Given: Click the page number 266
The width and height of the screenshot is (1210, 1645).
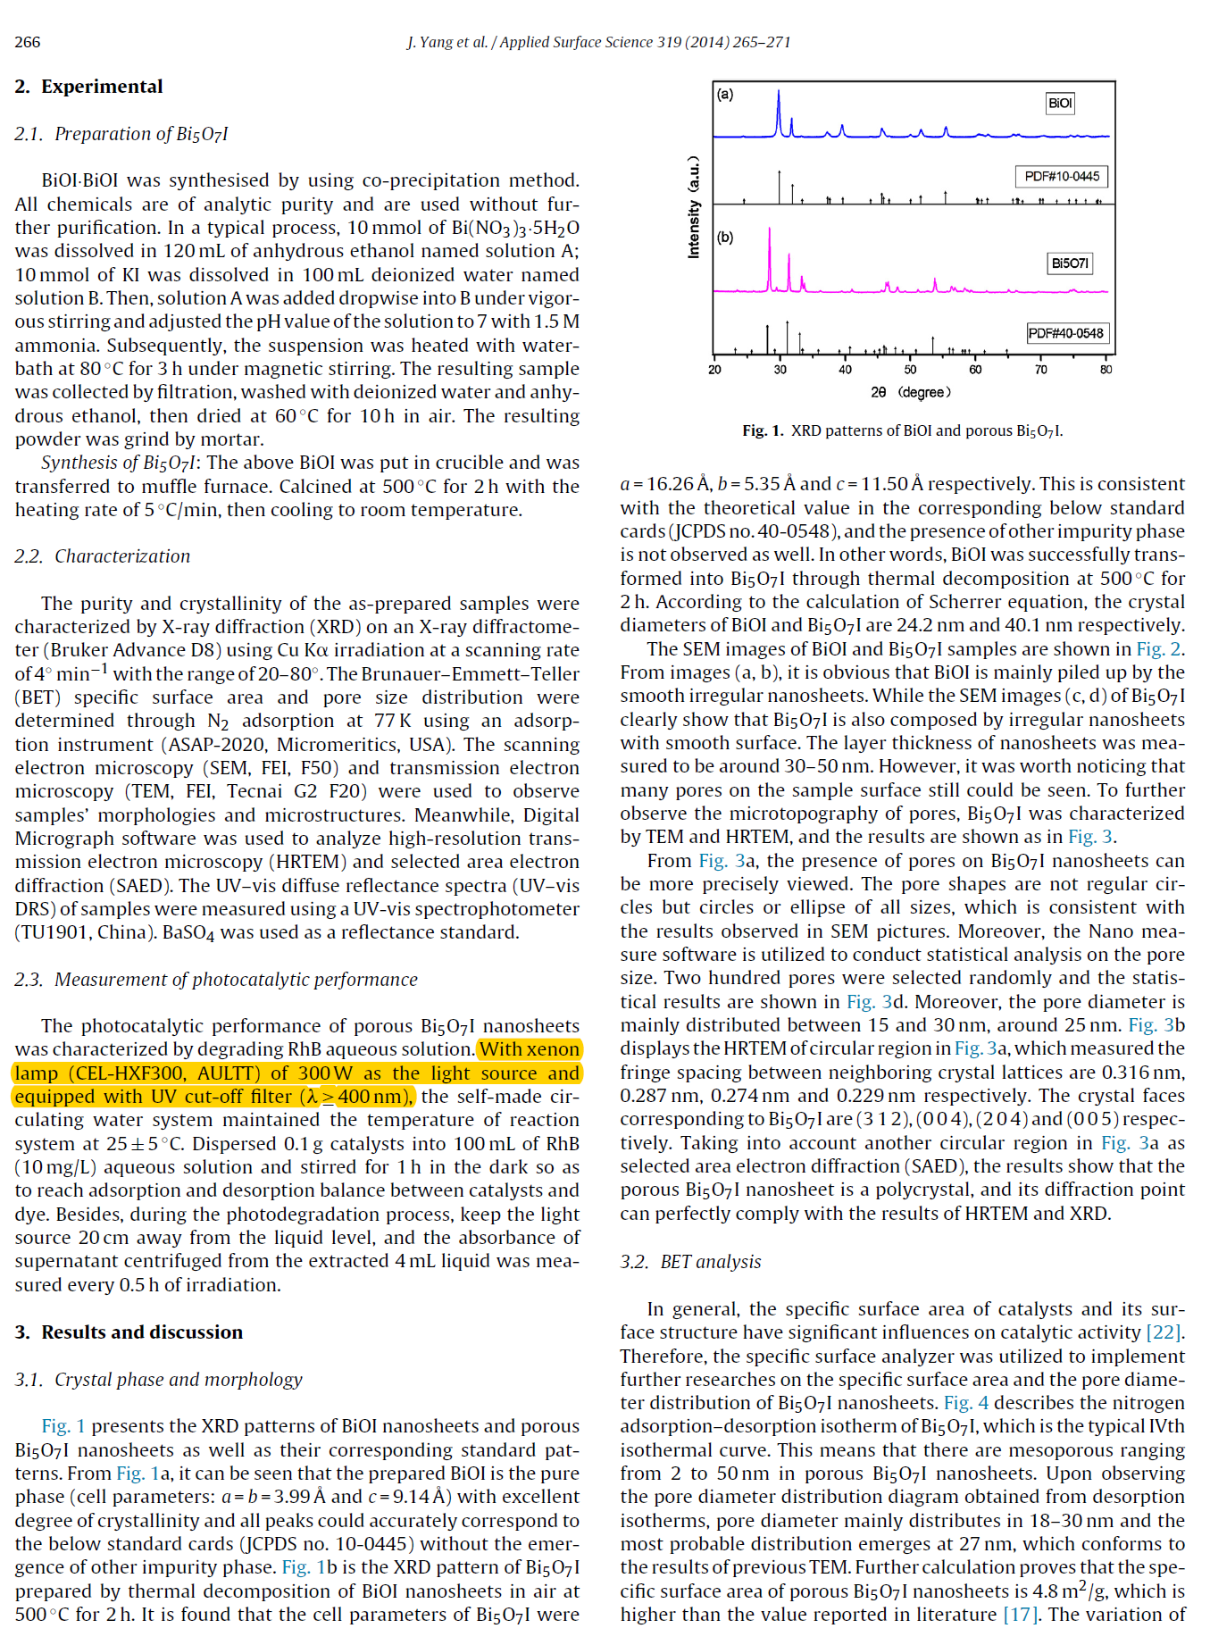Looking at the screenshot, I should coord(28,42).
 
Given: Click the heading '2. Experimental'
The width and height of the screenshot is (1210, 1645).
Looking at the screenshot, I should coord(88,87).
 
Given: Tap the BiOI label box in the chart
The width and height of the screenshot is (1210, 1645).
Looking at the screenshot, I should coord(1060,103).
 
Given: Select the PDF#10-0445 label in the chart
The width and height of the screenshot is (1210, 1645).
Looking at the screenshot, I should coord(1061,176).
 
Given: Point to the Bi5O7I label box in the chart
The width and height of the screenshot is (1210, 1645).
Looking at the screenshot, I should coord(1069,263).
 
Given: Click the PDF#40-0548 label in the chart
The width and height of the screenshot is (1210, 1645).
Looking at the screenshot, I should coord(1065,333).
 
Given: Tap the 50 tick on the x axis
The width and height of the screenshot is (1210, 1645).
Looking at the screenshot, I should coord(910,369).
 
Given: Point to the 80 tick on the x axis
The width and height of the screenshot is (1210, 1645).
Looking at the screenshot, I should coord(1106,369).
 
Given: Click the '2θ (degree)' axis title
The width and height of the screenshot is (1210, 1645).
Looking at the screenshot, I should coord(910,392).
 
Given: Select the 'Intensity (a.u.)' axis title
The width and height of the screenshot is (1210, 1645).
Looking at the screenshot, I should coord(694,208).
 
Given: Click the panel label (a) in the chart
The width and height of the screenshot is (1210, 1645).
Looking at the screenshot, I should coord(725,94).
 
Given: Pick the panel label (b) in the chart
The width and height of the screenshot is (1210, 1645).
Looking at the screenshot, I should coord(725,238).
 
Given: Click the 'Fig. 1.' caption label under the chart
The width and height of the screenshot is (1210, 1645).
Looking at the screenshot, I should coord(763,430).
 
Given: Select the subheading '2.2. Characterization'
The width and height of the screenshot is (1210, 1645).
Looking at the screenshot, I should coord(102,556).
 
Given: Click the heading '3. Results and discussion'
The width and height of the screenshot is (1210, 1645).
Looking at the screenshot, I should coord(129,1332).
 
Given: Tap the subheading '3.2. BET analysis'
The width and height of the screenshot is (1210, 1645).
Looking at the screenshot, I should coord(690,1262).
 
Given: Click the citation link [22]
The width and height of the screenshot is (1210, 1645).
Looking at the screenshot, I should coord(1164,1332).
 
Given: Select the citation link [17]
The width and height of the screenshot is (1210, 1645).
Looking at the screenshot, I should coord(1020,1615).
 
